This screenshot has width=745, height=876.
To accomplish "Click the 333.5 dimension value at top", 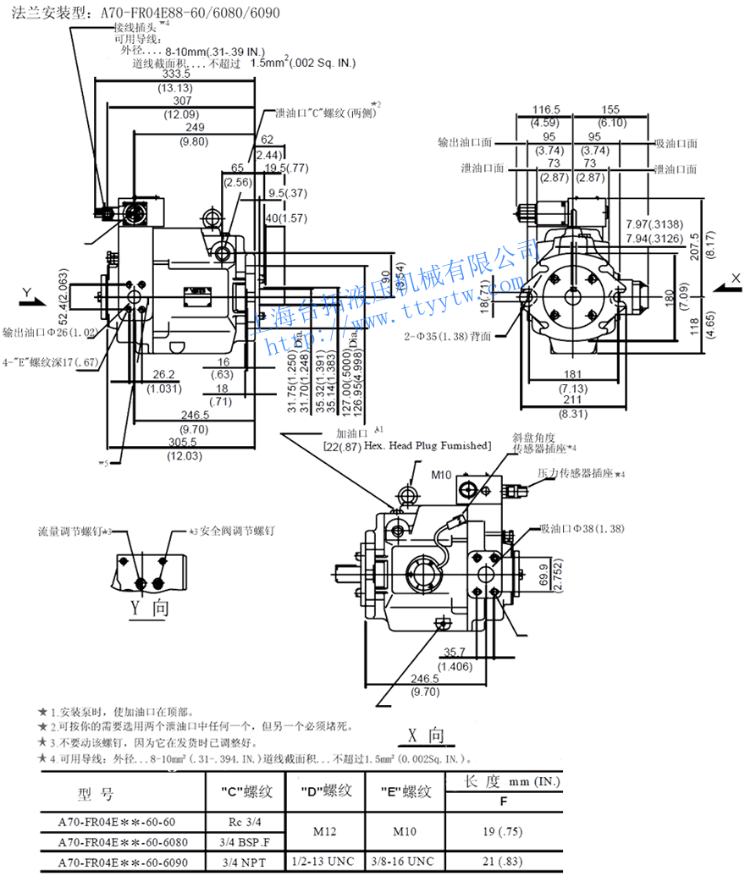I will click(x=176, y=74).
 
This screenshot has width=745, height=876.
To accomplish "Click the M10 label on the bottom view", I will click(x=442, y=474).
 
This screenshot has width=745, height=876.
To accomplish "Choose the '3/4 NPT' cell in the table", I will click(x=240, y=862).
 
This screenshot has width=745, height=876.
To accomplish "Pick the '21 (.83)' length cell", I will click(x=508, y=862).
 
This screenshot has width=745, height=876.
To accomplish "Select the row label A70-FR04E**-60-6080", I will click(x=123, y=842).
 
